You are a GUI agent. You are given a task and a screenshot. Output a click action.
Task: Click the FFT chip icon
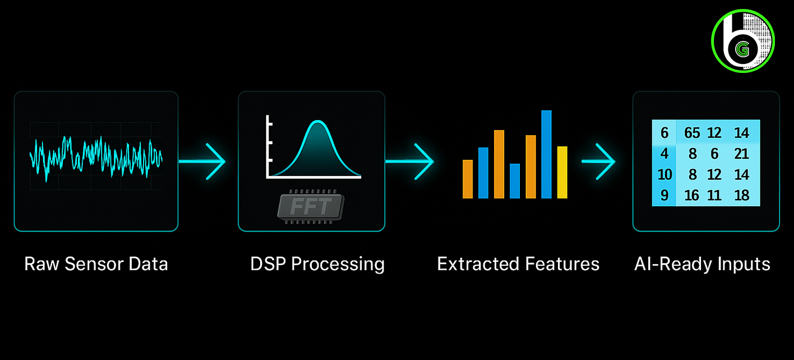(311, 207)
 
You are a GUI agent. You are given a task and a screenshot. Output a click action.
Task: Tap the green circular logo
(742, 40)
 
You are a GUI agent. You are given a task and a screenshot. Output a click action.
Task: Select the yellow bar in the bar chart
(562, 172)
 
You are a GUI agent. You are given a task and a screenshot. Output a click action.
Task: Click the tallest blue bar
(546, 154)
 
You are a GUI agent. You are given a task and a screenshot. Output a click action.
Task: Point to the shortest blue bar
(515, 181)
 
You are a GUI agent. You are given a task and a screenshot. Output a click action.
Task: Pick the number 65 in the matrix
(692, 133)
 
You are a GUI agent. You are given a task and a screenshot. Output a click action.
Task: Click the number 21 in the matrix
(741, 154)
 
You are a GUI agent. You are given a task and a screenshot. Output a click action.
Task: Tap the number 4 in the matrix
(664, 154)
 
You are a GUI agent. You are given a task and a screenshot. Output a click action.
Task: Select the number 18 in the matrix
(741, 195)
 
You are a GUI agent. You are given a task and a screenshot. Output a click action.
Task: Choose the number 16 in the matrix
(692, 195)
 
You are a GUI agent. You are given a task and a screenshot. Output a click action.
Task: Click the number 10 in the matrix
(664, 174)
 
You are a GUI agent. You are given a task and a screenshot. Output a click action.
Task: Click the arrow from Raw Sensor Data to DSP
(203, 161)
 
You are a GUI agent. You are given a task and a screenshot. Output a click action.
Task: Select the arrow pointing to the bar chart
(410, 161)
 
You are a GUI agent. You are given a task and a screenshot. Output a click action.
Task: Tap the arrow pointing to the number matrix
(599, 161)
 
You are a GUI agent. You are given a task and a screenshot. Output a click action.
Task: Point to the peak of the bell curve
(317, 122)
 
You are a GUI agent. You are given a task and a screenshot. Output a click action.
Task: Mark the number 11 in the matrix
(714, 195)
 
